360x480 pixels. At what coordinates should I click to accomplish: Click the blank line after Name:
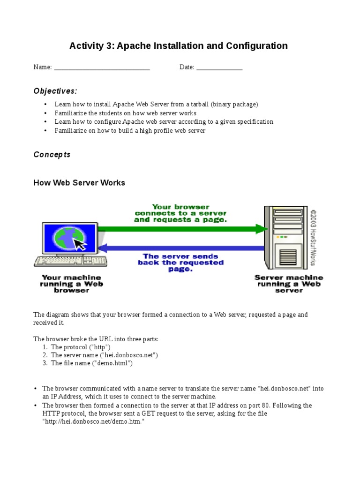[102, 68]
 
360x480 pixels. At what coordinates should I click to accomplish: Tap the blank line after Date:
[219, 68]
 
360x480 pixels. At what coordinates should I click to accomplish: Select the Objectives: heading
[55, 91]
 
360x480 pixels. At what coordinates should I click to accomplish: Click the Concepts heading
[52, 155]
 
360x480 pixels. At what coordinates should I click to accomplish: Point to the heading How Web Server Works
[79, 183]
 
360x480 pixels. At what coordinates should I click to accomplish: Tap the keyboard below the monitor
[70, 261]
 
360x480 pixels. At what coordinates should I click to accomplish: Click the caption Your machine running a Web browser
[72, 284]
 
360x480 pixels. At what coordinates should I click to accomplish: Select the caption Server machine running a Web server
[288, 284]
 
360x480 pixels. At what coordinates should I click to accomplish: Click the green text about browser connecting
[180, 213]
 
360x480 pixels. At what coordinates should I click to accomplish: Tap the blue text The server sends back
[180, 262]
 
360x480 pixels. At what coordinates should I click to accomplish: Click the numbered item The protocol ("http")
[81, 347]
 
